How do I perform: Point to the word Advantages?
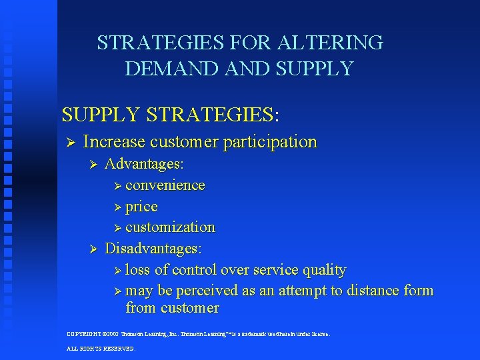pyautogui.click(x=145, y=164)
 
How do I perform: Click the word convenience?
pyautogui.click(x=165, y=185)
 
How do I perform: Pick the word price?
pyautogui.click(x=141, y=207)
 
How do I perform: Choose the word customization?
pyautogui.click(x=170, y=227)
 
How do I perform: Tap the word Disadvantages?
pyautogui.click(x=154, y=249)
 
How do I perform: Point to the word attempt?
pyautogui.click(x=312, y=291)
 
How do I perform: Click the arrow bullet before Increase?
pyautogui.click(x=69, y=143)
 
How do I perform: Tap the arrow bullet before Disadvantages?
pyautogui.click(x=93, y=249)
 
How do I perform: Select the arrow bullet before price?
pyautogui.click(x=118, y=207)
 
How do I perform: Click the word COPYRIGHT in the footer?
pyautogui.click(x=85, y=333)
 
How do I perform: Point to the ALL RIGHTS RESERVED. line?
pyautogui.click(x=101, y=349)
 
